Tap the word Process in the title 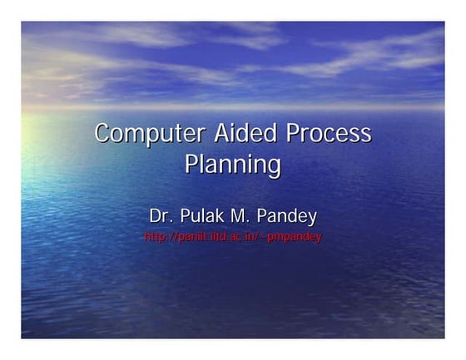328,133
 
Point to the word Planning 232,164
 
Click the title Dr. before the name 159,217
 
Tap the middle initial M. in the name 245,217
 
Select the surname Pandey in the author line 290,218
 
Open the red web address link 232,237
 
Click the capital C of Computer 102,134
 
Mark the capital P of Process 294,133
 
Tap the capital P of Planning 192,163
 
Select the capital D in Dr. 155,217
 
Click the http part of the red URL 154,237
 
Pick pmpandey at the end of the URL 299,238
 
